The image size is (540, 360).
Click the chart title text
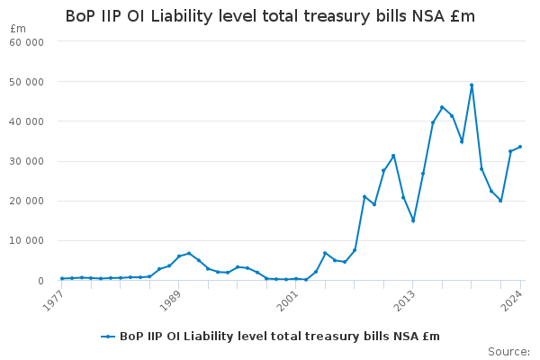270,16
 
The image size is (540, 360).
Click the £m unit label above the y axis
18,29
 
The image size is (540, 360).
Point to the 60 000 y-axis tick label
26,42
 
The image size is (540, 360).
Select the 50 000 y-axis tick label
26,82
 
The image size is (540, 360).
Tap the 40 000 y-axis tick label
26,121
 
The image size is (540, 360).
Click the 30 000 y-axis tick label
26,161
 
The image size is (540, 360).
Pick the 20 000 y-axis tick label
26,201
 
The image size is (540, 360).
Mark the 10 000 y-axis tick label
26,240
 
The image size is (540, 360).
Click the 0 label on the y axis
41,281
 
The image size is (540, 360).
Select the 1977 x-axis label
53,300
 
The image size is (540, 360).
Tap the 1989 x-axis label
170,300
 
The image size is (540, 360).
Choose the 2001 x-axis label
287,300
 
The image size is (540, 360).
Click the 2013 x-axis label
404,300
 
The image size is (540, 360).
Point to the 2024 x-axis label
512,300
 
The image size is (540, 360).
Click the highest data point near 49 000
472,85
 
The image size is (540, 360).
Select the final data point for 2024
520,147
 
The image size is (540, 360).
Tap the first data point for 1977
62,278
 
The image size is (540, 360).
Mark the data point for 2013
413,220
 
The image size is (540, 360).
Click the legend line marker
108,337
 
